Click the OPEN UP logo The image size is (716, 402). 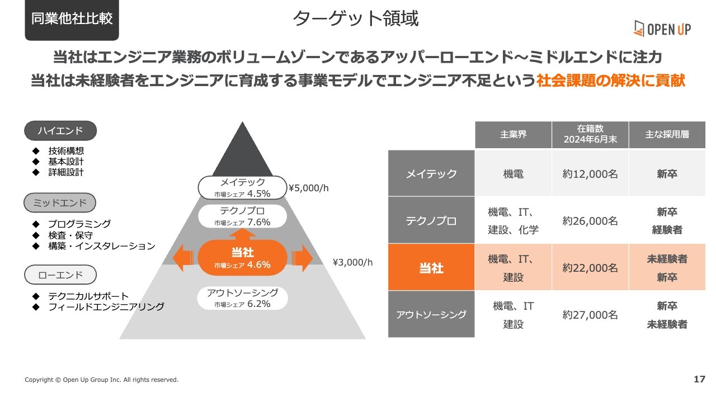pyautogui.click(x=662, y=29)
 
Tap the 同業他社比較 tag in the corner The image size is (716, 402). pyautogui.click(x=72, y=19)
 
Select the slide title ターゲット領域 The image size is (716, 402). pyautogui.click(x=355, y=18)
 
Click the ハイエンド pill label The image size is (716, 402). pyautogui.click(x=60, y=131)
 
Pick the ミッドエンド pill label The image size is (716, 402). pyautogui.click(x=60, y=202)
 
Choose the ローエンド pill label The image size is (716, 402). pyautogui.click(x=60, y=275)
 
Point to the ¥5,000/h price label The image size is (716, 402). pyautogui.click(x=308, y=188)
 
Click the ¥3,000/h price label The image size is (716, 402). pyautogui.click(x=352, y=262)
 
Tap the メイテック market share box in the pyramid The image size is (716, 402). pyautogui.click(x=242, y=187)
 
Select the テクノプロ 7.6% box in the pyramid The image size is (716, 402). pyautogui.click(x=242, y=216)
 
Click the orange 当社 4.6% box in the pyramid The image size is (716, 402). pyautogui.click(x=242, y=258)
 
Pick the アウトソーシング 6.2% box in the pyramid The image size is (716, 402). pyautogui.click(x=242, y=298)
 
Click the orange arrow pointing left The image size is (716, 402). pyautogui.click(x=183, y=258)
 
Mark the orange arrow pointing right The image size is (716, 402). pyautogui.click(x=302, y=258)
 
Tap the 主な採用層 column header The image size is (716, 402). pyautogui.click(x=667, y=135)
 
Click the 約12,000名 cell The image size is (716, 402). pyautogui.click(x=590, y=174)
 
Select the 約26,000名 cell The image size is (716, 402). pyautogui.click(x=590, y=221)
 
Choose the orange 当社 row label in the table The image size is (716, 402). pyautogui.click(x=431, y=268)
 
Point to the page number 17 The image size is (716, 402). pyautogui.click(x=699, y=379)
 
